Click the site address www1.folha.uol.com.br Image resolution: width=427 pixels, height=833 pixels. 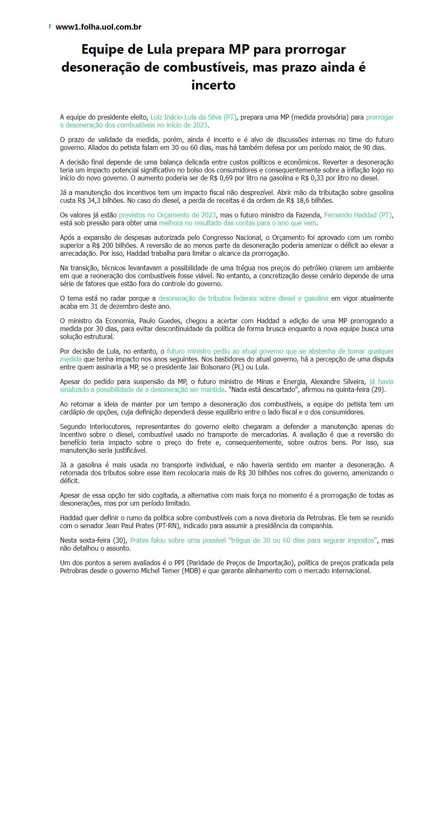98,27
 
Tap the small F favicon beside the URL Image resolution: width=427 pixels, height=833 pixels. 50,27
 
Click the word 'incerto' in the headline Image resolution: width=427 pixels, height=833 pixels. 213,85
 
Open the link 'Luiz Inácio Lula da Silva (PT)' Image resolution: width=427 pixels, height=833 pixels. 193,117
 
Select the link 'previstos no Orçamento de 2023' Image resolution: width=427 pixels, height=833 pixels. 167,215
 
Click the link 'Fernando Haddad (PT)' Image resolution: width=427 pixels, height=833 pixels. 358,215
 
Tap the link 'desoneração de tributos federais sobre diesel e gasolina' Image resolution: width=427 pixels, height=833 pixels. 243,298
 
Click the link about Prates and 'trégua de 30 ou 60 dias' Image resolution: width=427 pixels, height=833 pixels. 254,540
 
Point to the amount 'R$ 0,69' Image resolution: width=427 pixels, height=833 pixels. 222,178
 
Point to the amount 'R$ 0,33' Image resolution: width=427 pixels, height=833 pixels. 313,178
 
